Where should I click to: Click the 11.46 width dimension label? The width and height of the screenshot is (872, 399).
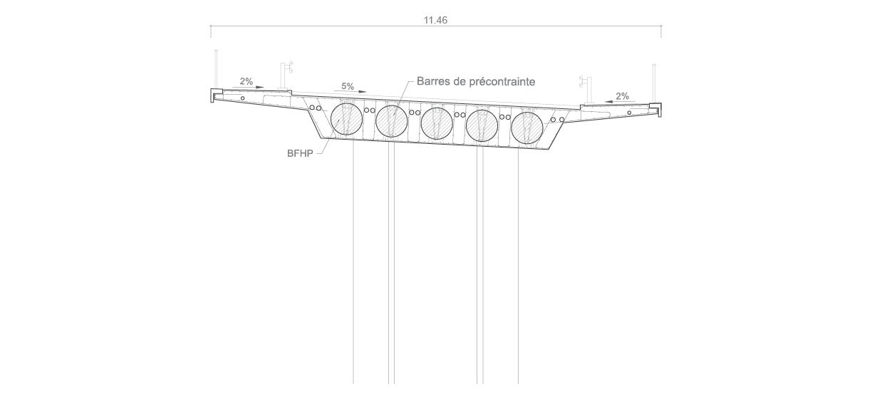coord(435,20)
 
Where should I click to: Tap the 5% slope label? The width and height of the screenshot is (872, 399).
coord(348,86)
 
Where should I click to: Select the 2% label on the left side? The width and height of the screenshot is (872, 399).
coord(246,81)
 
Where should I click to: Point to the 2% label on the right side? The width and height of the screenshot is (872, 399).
coord(622,95)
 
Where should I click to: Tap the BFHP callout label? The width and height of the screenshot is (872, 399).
coord(300,153)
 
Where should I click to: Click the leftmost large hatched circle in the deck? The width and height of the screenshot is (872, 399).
coord(346,120)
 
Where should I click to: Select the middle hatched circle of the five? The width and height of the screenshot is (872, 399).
coord(437,123)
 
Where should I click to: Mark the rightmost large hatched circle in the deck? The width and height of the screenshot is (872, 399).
coord(527,128)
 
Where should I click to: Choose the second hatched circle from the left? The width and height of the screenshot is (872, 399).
coord(392,121)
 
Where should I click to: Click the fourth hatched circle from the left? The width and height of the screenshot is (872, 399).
coord(482,125)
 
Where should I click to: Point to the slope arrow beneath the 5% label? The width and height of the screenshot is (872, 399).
coord(350,92)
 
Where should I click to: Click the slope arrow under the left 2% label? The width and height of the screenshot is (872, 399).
coord(249,87)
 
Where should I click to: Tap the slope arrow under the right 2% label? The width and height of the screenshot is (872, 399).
coord(620,102)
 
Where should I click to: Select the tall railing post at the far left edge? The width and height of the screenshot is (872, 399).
coord(216,69)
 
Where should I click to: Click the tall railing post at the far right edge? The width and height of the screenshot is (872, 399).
coord(654,83)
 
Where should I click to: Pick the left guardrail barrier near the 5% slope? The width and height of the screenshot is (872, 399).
coord(286,76)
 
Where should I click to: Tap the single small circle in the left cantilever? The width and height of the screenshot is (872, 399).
coord(242,98)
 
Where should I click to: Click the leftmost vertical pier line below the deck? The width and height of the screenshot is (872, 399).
coord(353,261)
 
